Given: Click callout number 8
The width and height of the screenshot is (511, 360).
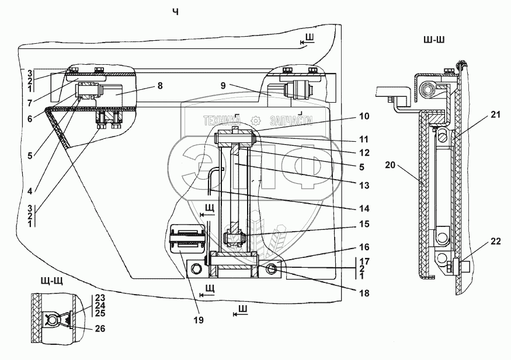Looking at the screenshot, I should tap(160, 85).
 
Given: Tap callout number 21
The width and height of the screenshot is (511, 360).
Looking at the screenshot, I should tap(496, 115).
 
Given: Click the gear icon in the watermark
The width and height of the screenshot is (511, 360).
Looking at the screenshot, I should tap(255, 121).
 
